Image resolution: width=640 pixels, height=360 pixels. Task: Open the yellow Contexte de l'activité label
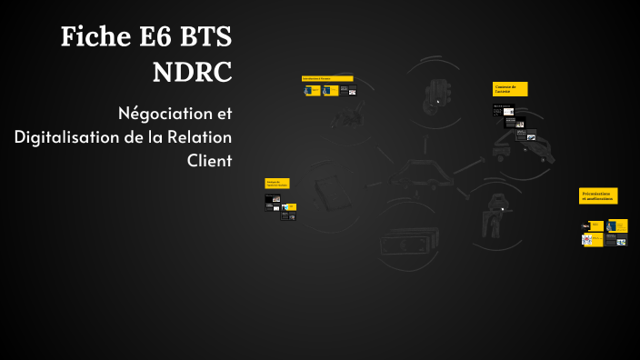coord(510,88)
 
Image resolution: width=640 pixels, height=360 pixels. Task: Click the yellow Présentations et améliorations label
coord(598,195)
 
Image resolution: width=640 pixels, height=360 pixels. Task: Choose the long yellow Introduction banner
coord(327,78)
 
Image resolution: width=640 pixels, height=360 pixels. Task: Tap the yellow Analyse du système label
coord(277,183)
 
